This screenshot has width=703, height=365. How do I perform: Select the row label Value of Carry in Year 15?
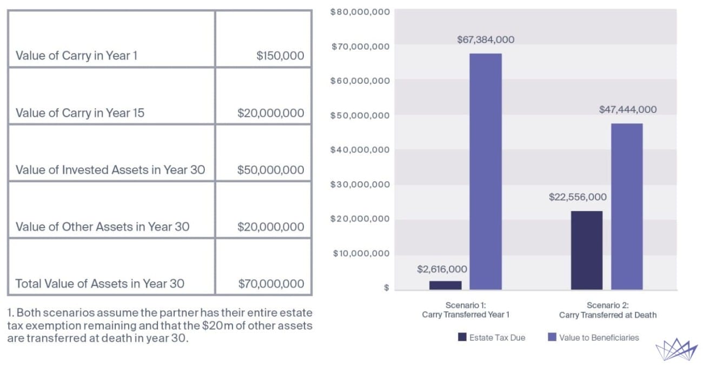[x=80, y=112]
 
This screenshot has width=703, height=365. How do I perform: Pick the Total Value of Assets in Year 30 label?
[x=100, y=284]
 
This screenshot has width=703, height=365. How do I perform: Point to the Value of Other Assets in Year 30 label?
[x=103, y=227]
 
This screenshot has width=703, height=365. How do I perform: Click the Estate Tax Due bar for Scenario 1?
[x=446, y=285]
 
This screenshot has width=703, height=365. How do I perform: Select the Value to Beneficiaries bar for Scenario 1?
[x=486, y=171]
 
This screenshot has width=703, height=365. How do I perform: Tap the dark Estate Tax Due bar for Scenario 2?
[x=587, y=250]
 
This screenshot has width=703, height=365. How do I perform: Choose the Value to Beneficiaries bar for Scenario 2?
[x=627, y=207]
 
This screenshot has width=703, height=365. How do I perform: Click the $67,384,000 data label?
[x=486, y=39]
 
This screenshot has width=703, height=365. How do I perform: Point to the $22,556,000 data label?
[x=578, y=197]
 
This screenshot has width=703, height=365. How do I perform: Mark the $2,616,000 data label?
[x=442, y=269]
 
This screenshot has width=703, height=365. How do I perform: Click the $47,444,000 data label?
[x=628, y=110]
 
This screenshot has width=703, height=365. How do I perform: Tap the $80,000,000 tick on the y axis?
[x=360, y=12]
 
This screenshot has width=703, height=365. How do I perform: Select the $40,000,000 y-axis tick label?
[x=360, y=150]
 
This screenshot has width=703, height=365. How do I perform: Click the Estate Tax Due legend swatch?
[x=462, y=337]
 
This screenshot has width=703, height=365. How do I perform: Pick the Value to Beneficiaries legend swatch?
[x=552, y=337]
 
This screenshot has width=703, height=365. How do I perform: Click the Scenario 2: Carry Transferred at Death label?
[x=608, y=310]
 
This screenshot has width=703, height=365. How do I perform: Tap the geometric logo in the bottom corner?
[x=676, y=349]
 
